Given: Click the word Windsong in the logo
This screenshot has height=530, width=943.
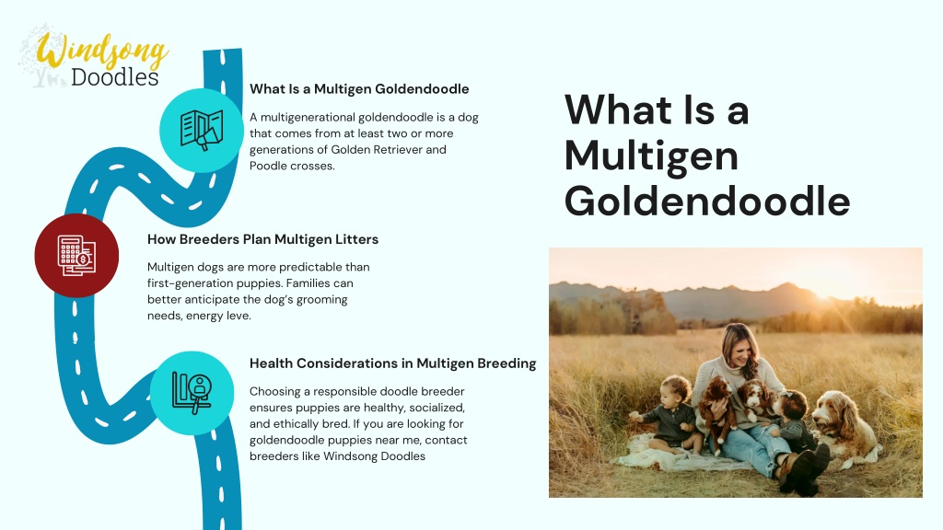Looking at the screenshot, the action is (x=102, y=52).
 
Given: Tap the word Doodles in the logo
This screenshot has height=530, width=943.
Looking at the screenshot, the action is (x=114, y=77).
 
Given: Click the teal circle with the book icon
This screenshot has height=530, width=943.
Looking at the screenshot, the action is (x=202, y=131).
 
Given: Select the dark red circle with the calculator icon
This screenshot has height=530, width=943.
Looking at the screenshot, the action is (x=76, y=256).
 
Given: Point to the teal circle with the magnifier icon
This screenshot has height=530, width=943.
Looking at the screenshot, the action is (x=192, y=393).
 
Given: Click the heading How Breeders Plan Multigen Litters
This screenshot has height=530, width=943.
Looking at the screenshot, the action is (x=262, y=239).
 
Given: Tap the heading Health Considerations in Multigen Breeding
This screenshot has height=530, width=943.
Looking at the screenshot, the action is (x=392, y=363).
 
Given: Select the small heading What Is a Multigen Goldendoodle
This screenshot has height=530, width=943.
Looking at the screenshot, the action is (x=359, y=89).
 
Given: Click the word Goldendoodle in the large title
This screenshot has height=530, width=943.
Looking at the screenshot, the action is (x=707, y=201).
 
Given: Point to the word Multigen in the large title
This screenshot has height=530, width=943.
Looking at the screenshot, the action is (x=651, y=157).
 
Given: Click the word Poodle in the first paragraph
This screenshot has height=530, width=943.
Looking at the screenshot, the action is (x=268, y=166).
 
